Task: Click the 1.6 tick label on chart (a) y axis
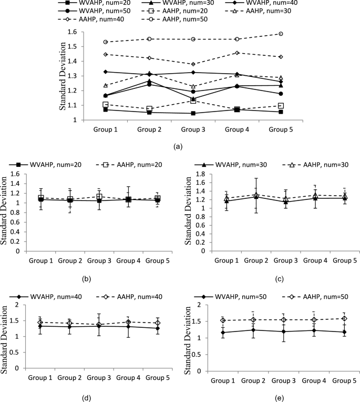[x=73, y=32]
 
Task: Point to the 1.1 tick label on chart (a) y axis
[x=73, y=105]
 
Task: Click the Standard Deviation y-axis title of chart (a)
[x=62, y=76]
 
